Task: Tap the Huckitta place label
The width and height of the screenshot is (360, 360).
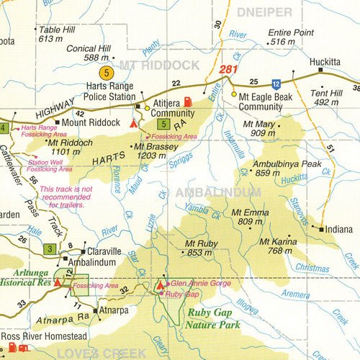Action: click(324, 61)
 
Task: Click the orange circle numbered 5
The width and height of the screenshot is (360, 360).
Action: click(107, 72)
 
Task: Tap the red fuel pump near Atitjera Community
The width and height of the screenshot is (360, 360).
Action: click(188, 102)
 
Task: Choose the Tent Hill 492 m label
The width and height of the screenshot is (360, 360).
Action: click(326, 97)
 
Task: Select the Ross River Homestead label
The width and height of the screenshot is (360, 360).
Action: click(44, 336)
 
